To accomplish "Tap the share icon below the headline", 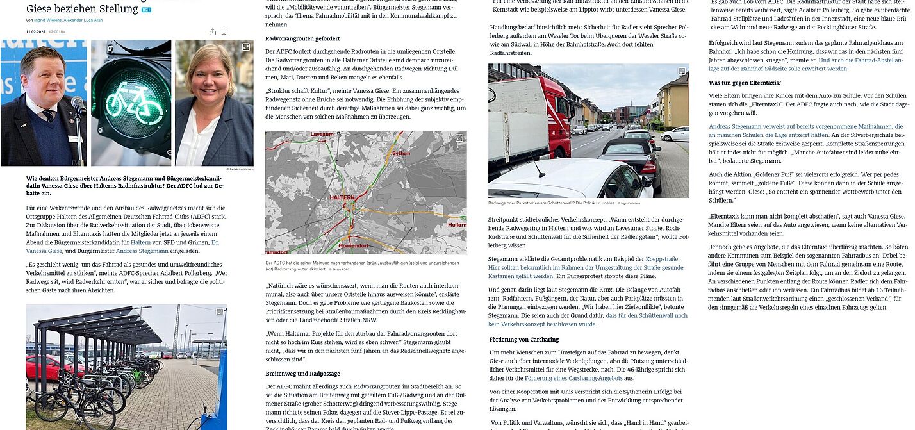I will [211, 31].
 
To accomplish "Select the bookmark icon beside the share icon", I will [224, 31].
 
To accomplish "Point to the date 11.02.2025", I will [35, 31].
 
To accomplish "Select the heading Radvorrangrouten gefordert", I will [302, 39].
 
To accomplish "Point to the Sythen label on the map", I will [401, 153].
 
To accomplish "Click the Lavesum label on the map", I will [318, 135].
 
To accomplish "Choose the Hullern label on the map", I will [457, 225].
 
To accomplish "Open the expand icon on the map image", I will [459, 138].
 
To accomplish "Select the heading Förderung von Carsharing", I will [523, 339].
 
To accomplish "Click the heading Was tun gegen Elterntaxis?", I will [745, 83].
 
